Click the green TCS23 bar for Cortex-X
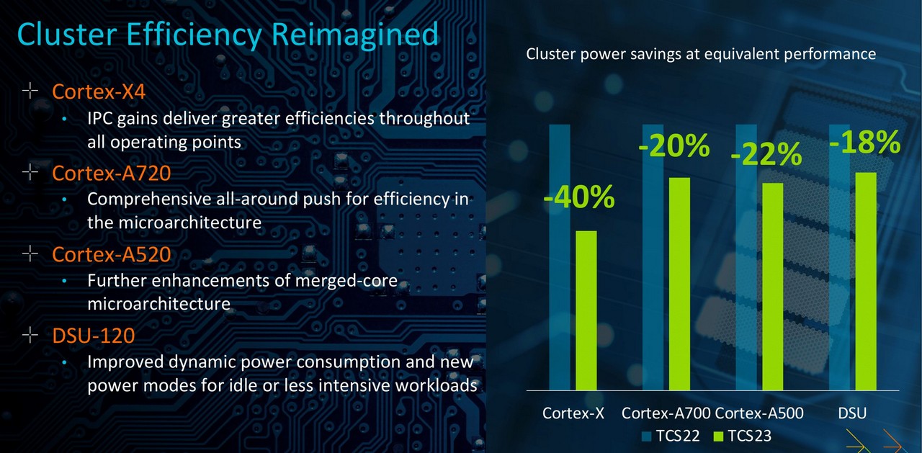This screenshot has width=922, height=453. (x=586, y=310)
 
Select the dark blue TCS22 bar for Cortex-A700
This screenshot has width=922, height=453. (x=653, y=257)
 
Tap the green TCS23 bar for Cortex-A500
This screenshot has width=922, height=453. (x=773, y=287)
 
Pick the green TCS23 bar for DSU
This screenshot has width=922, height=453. (x=866, y=282)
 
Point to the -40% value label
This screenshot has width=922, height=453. (x=578, y=197)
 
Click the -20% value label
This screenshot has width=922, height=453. (x=673, y=145)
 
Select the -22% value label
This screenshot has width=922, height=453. (x=766, y=155)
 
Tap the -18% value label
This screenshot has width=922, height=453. (x=865, y=143)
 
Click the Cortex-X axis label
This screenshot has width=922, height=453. (x=573, y=413)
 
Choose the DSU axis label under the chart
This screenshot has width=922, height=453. (x=852, y=413)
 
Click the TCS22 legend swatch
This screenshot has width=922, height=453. (x=646, y=436)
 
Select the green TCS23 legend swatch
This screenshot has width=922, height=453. (x=718, y=436)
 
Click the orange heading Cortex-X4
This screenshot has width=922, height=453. (x=99, y=91)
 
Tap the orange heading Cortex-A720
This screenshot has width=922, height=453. (x=112, y=173)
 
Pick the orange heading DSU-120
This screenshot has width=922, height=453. (x=94, y=336)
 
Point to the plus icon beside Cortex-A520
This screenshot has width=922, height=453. (x=30, y=253)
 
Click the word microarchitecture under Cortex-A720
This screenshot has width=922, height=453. (x=174, y=223)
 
